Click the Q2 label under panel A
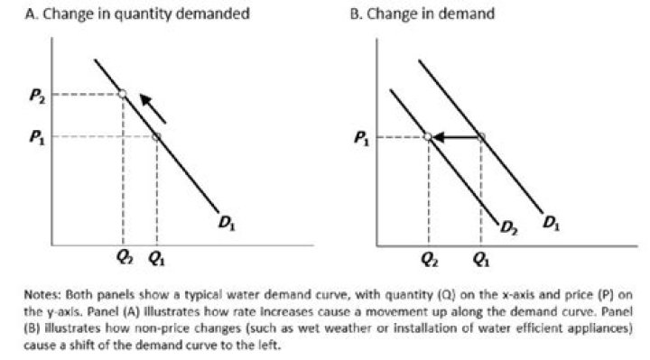(x=123, y=255)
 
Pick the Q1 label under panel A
(x=156, y=255)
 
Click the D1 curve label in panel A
(x=226, y=219)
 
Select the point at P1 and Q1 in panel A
(x=156, y=136)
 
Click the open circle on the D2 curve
(x=427, y=137)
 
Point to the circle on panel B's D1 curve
(x=481, y=137)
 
